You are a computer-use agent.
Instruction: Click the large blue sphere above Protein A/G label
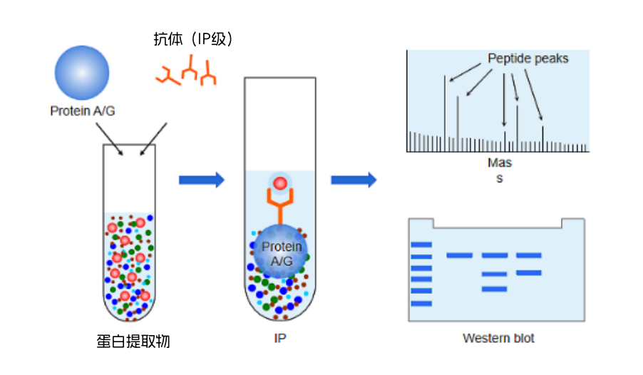tap(82, 74)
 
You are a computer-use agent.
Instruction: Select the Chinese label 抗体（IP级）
tap(194, 39)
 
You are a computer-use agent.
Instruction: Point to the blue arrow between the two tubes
tap(201, 180)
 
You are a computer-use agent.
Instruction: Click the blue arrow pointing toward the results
tap(353, 180)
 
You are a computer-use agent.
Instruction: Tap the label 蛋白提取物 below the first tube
tap(133, 341)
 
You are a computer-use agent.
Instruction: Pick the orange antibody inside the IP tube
tap(279, 210)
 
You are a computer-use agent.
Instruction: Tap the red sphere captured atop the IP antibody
tap(280, 184)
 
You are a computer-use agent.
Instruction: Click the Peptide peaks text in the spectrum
tap(528, 58)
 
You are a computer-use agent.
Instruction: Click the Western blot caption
tap(498, 338)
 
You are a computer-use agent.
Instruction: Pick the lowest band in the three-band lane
tap(494, 289)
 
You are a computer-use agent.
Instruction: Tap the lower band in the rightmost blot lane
tap(528, 272)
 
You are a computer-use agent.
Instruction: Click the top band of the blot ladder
tap(421, 245)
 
